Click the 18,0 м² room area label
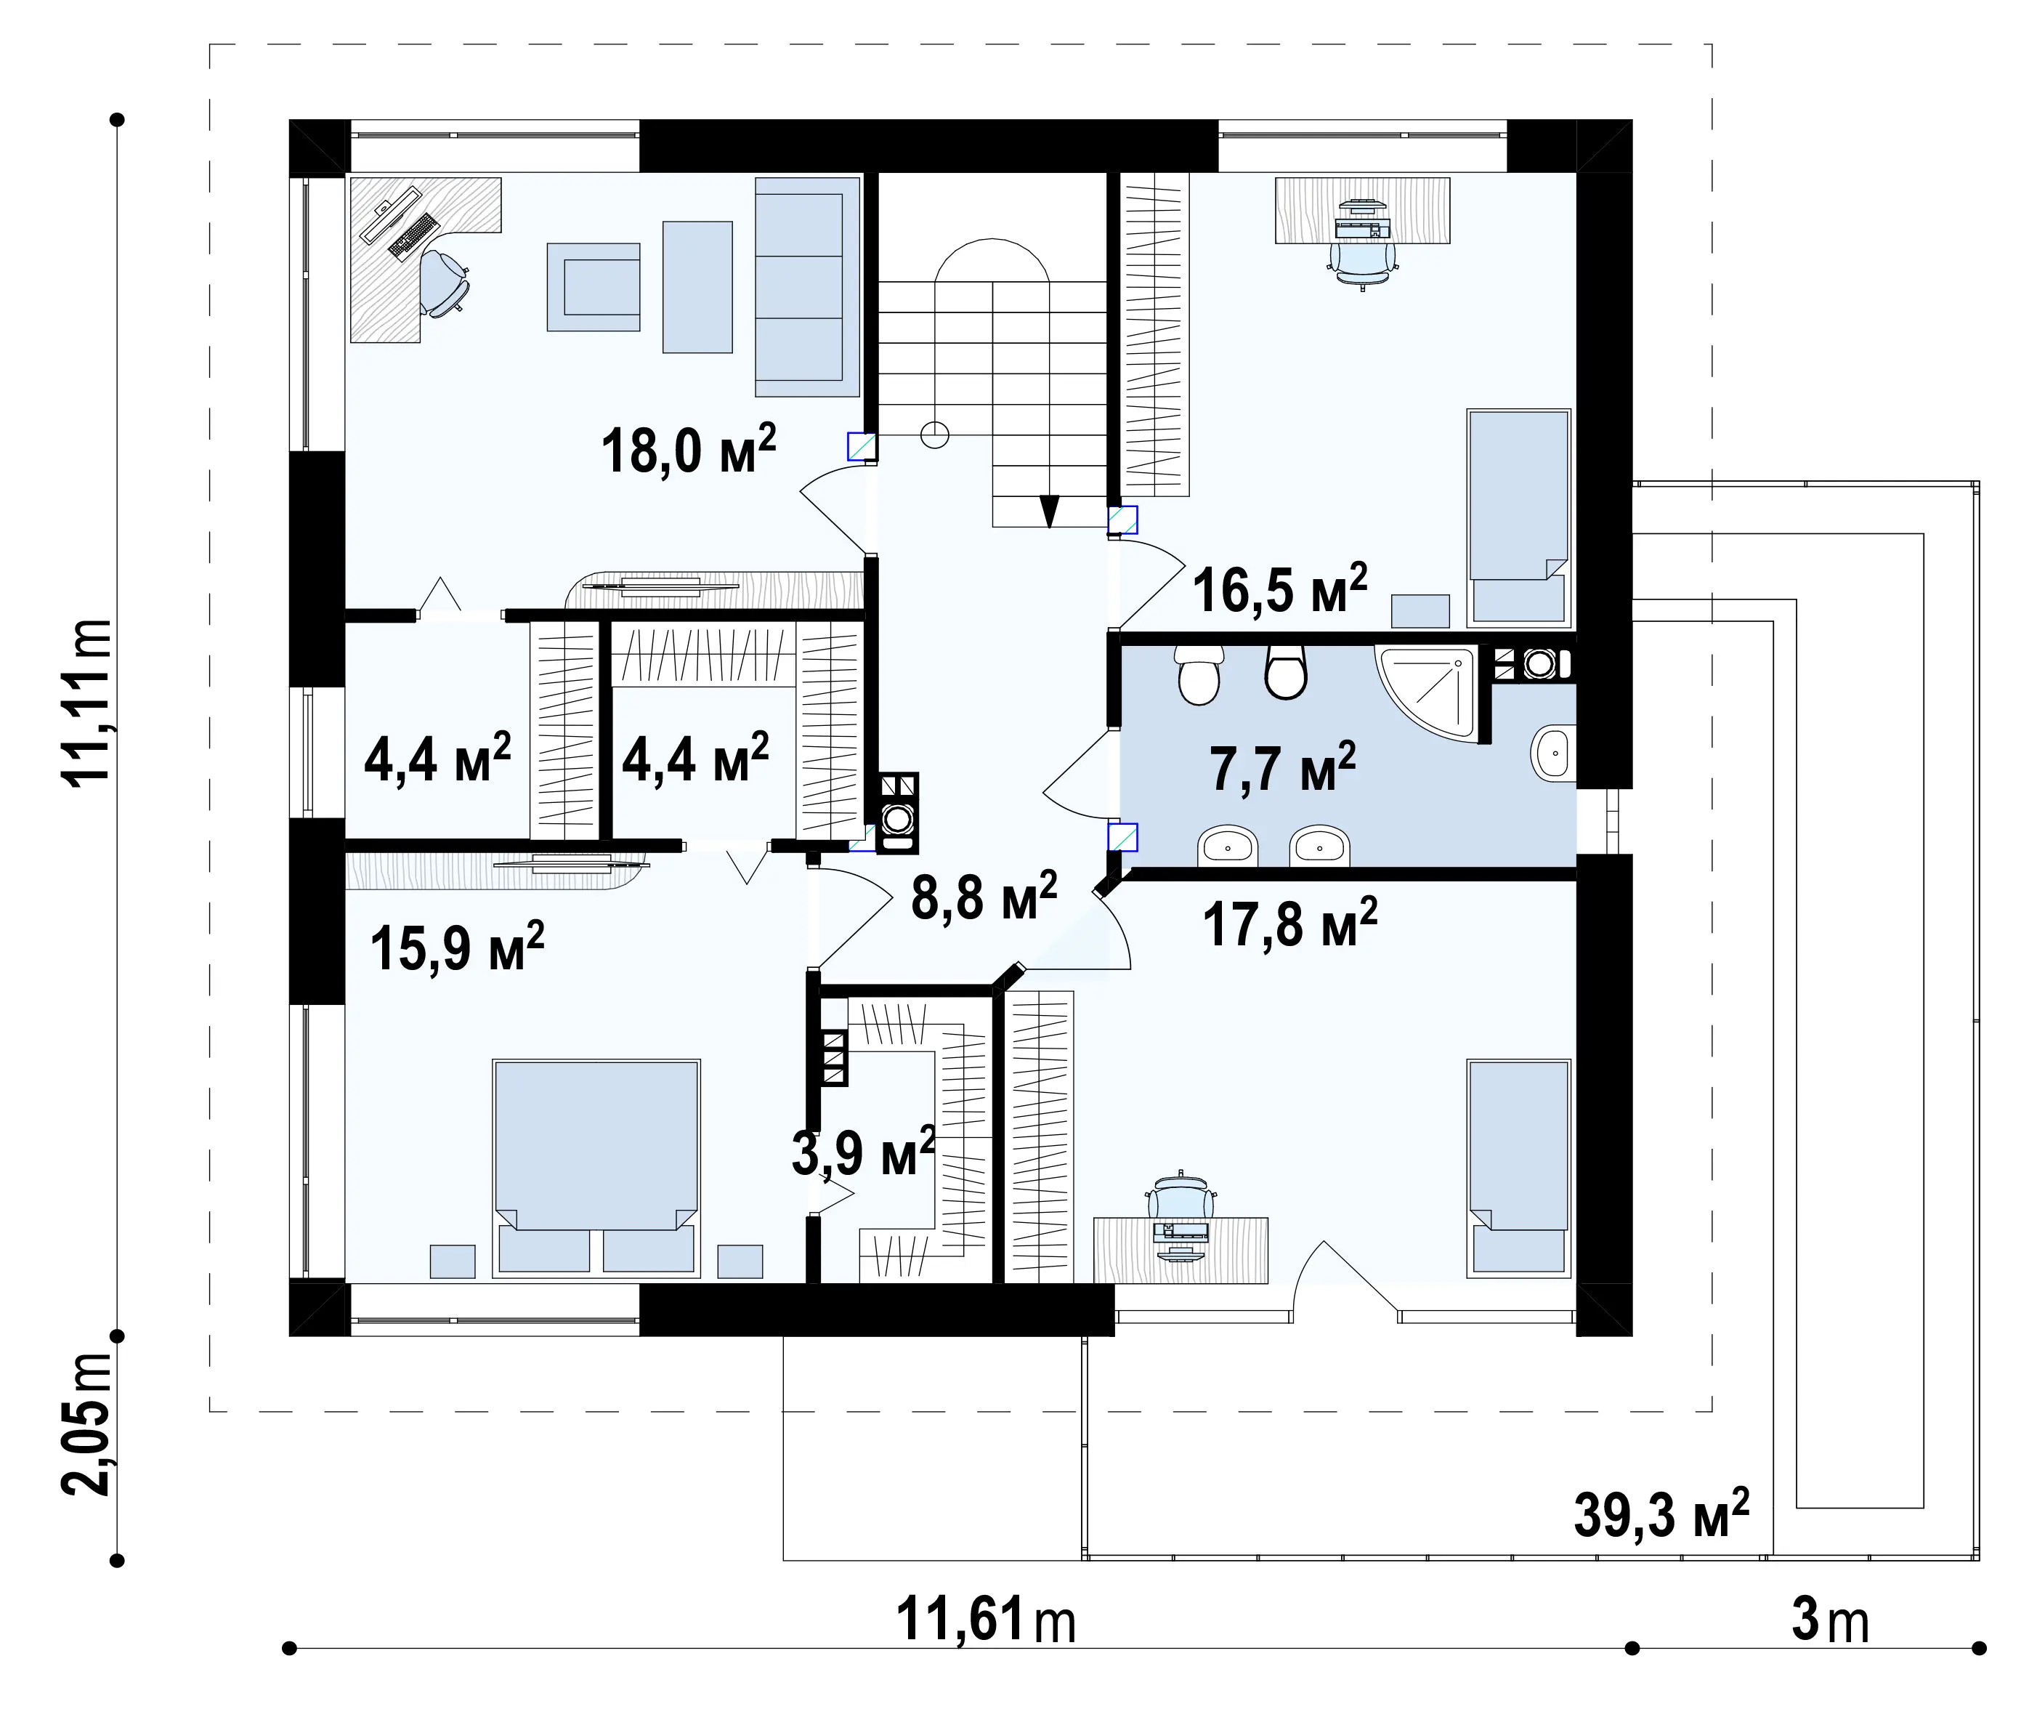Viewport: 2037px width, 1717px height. pos(688,450)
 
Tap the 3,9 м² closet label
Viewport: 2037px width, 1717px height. pos(863,1152)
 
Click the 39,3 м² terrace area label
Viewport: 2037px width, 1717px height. pos(1661,1514)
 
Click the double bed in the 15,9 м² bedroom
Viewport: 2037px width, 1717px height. pos(596,1167)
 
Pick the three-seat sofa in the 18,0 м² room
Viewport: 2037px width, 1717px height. pos(808,286)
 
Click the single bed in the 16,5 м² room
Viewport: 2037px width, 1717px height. pos(1518,516)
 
